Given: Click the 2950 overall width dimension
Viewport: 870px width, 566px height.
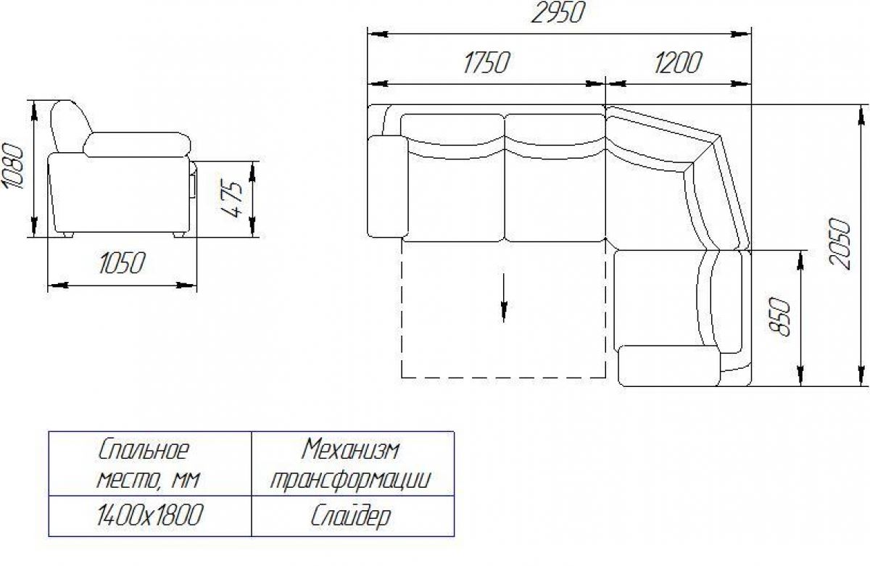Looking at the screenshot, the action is click(x=557, y=12).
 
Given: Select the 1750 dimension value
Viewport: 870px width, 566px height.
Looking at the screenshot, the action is click(x=486, y=62).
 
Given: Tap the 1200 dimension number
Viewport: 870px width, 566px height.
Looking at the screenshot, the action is click(x=678, y=62).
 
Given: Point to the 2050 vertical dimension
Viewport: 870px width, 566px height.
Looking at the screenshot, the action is click(x=839, y=244).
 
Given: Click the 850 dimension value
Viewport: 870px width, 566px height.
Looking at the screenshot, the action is click(x=779, y=317).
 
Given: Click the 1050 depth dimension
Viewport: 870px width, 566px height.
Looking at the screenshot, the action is click(x=122, y=263).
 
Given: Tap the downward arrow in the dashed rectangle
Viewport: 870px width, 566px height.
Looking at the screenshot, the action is click(x=504, y=298).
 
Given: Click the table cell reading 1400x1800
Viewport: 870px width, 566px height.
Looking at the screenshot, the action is click(x=149, y=515).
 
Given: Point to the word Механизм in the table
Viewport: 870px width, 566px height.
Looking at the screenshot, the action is click(x=351, y=449).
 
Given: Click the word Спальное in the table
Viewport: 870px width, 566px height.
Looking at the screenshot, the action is click(x=144, y=449).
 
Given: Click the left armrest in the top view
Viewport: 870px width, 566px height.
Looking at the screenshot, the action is click(x=388, y=186).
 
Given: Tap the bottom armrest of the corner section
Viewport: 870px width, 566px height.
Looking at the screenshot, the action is click(x=669, y=366).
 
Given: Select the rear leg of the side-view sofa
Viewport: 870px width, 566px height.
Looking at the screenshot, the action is click(x=67, y=235).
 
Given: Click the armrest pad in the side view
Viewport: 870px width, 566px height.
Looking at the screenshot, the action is click(x=137, y=145).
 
